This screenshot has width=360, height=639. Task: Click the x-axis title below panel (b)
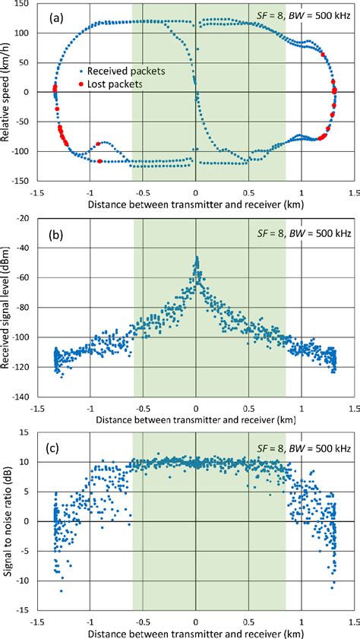[x=195, y=421]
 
